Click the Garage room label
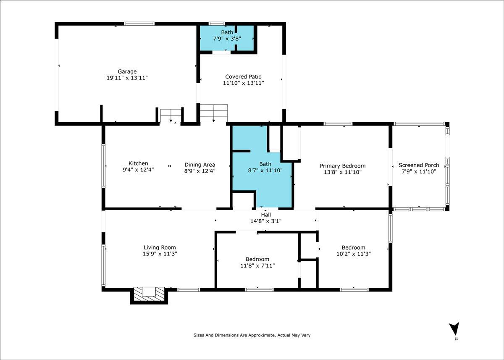click(127, 71)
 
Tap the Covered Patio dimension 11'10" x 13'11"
click(243, 83)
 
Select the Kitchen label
click(138, 163)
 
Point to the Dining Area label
click(200, 165)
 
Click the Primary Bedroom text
click(343, 166)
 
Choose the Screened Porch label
click(419, 165)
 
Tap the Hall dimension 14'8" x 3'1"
click(266, 221)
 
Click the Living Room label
click(160, 247)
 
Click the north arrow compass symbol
click(454, 329)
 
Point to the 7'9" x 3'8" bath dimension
click(227, 39)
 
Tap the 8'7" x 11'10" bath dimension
click(265, 170)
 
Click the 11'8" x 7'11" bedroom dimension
click(257, 266)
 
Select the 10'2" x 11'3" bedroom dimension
click(354, 254)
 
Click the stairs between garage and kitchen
click(171, 116)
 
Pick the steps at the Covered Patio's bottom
click(214, 113)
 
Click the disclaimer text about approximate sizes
click(252, 335)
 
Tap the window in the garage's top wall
click(139, 24)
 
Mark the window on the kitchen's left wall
click(103, 166)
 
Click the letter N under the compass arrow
click(456, 339)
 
